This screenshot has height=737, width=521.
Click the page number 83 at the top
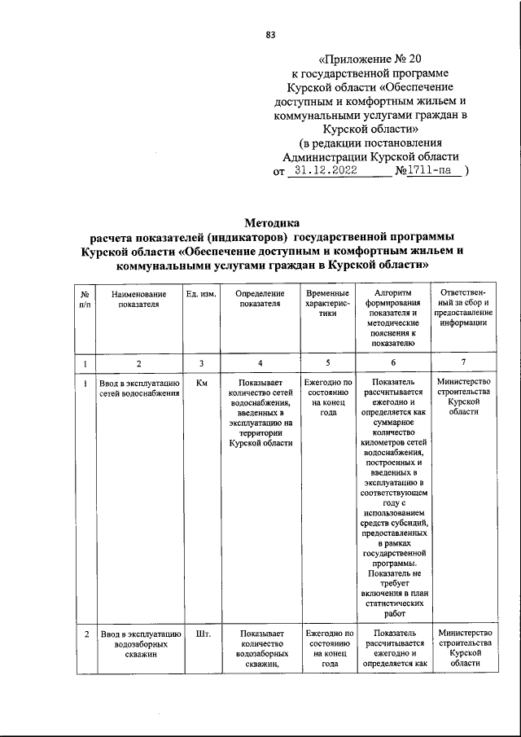(x=270, y=33)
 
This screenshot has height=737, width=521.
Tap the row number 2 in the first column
(x=86, y=633)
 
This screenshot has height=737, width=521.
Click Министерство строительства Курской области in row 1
(x=463, y=397)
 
